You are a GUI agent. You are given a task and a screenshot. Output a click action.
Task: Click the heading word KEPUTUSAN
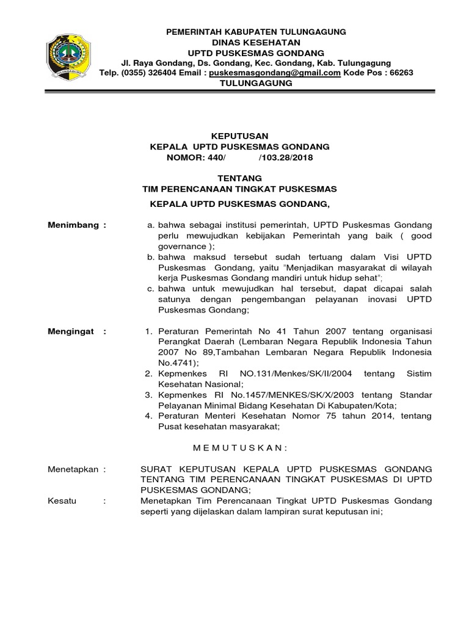[x=239, y=136]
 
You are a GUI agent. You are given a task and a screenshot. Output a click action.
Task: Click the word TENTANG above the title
[x=239, y=178]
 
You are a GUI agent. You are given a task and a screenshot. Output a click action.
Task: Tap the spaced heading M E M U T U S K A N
[x=239, y=448]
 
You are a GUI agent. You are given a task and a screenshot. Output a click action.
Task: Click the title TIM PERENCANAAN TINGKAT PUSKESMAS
[x=239, y=189]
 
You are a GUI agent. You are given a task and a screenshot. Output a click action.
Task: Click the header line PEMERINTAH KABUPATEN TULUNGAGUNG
[x=256, y=31]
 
